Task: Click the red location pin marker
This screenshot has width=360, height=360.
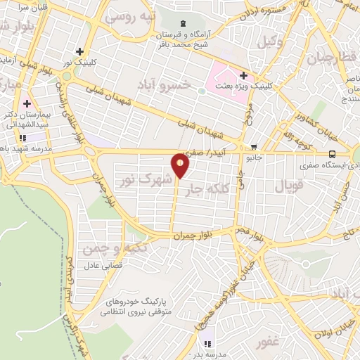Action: coord(181,166)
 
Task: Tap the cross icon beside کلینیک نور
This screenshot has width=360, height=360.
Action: coord(82,51)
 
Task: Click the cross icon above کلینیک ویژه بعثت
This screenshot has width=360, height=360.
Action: coord(243,75)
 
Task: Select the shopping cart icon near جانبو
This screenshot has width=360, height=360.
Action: coord(253,147)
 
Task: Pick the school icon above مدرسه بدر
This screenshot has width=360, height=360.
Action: coord(207,344)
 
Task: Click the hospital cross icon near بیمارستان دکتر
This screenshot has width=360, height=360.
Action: coord(27,103)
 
